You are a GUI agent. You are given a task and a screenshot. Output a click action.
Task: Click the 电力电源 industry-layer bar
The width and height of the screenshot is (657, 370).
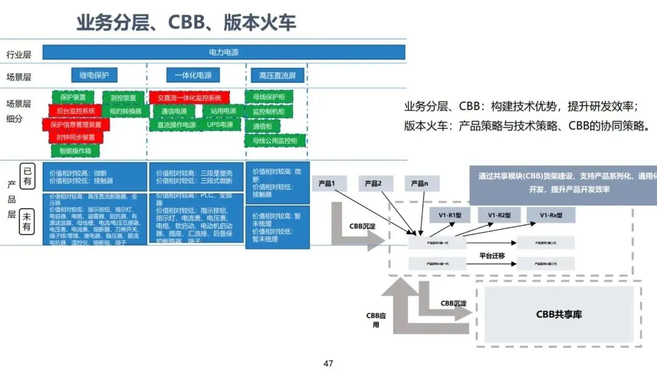(223, 52)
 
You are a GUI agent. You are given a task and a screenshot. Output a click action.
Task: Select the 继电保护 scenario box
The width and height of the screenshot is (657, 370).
(94, 75)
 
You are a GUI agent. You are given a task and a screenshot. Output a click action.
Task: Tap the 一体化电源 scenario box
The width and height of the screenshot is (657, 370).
(193, 75)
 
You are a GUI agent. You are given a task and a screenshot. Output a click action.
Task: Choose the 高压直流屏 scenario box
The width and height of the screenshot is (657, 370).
(277, 75)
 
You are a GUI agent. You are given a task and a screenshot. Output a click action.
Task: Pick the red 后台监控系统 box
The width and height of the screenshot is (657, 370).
(75, 111)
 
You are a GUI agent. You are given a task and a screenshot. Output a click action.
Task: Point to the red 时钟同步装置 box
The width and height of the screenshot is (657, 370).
(76, 137)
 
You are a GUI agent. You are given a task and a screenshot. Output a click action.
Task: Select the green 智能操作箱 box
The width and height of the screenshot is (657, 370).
(75, 150)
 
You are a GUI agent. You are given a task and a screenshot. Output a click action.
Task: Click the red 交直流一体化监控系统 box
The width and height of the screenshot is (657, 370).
(189, 97)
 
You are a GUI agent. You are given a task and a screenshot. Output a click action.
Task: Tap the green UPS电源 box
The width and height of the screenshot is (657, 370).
(220, 125)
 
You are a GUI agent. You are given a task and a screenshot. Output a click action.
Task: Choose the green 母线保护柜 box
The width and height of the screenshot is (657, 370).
(268, 97)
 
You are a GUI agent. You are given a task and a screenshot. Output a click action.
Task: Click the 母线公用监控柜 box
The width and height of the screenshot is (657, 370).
(274, 141)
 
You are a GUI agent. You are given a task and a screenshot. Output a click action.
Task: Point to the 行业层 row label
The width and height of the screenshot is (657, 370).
(19, 54)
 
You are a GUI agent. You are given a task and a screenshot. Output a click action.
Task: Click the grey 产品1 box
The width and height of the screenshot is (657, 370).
(330, 183)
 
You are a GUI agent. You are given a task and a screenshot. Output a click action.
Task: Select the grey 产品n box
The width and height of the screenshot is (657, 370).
(422, 183)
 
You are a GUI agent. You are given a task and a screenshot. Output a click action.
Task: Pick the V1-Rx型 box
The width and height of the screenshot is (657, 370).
(551, 215)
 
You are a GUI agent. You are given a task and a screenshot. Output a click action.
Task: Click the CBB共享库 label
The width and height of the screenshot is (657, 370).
(558, 314)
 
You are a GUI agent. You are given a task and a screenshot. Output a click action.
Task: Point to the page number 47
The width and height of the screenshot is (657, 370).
(328, 363)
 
